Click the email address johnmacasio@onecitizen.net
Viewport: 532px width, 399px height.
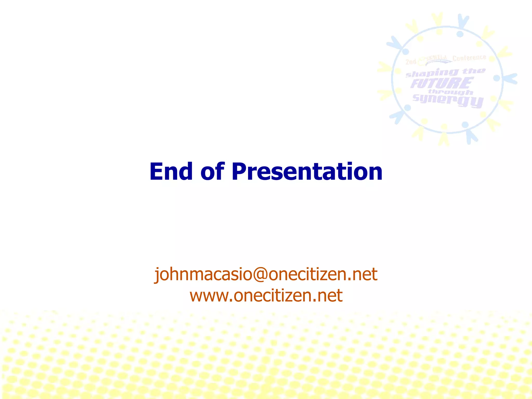[x=266, y=274]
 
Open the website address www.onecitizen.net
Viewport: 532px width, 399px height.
[x=266, y=296]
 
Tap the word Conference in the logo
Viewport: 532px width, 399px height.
[x=469, y=58]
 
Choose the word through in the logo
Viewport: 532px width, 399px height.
[x=450, y=92]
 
